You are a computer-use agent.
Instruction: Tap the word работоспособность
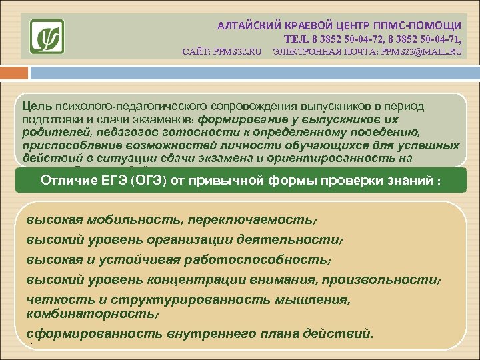tap(263, 259)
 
